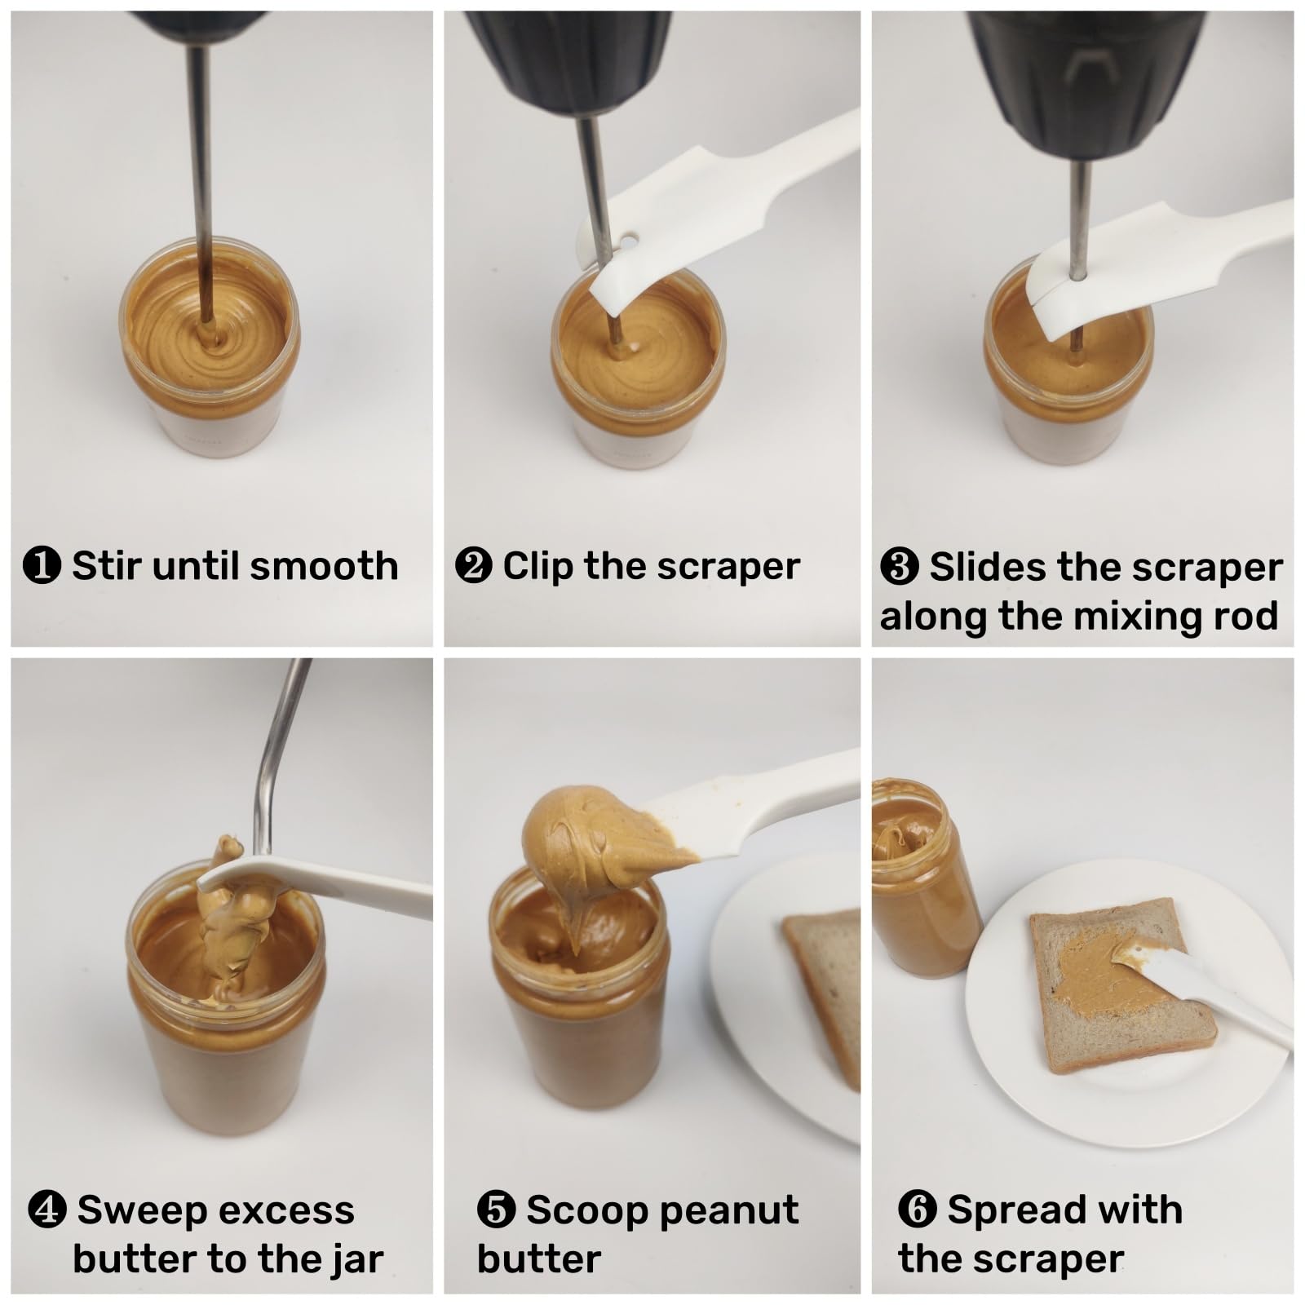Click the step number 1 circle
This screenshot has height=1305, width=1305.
(42, 566)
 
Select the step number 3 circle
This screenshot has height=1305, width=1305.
(900, 567)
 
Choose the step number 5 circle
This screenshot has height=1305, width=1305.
(496, 1210)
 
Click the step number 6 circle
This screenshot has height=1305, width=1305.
(918, 1210)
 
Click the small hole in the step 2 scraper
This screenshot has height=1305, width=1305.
(629, 242)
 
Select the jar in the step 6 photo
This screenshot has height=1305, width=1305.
(922, 881)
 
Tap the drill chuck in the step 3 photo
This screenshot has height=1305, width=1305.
(1085, 82)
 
